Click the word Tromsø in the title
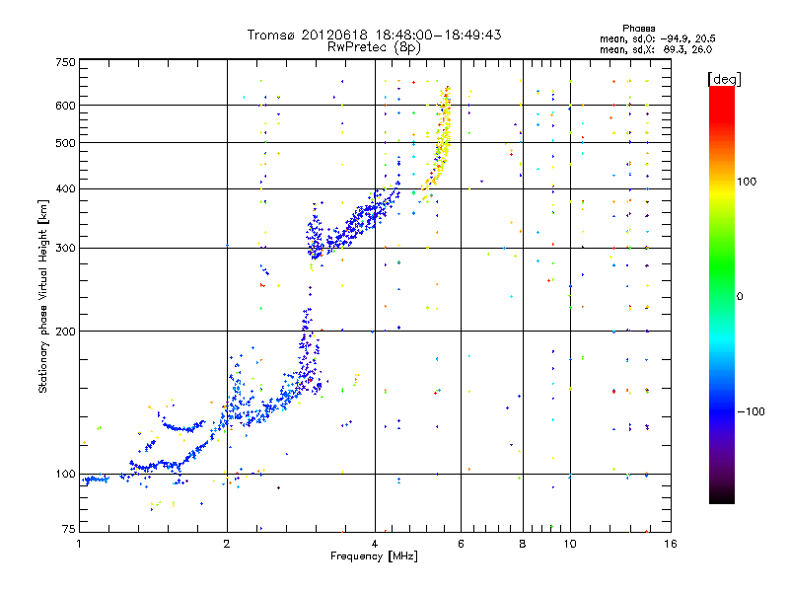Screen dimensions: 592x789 tap(270, 35)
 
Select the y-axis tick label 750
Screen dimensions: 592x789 tap(65, 62)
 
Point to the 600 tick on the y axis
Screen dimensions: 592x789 tap(65, 106)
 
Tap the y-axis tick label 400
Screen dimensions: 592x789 tap(65, 189)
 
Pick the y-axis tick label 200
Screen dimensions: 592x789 tap(65, 332)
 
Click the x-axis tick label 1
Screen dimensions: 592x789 tap(80, 544)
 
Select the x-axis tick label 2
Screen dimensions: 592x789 tap(227, 544)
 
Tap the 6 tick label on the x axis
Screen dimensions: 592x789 tap(461, 544)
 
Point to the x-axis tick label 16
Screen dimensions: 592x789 tap(669, 544)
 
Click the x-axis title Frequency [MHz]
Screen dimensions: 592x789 tap(374, 556)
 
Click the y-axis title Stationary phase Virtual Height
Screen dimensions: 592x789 tap(43, 296)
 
